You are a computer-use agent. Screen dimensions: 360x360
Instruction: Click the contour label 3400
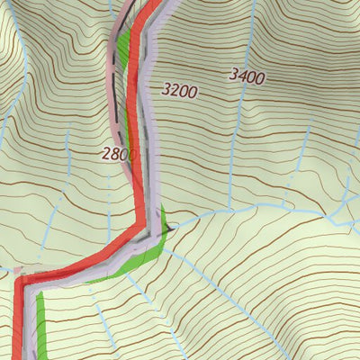pos(247,77)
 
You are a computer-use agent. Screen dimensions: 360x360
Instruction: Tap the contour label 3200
pos(179,90)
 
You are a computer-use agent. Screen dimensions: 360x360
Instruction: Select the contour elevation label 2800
pos(119,154)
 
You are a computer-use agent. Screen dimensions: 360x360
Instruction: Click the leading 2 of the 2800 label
pos(106,153)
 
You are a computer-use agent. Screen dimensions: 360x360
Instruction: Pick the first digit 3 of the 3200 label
pos(166,89)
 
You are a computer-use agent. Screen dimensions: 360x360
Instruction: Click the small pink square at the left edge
pos(16,269)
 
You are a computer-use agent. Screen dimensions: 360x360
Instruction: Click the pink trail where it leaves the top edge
pos(127,4)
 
